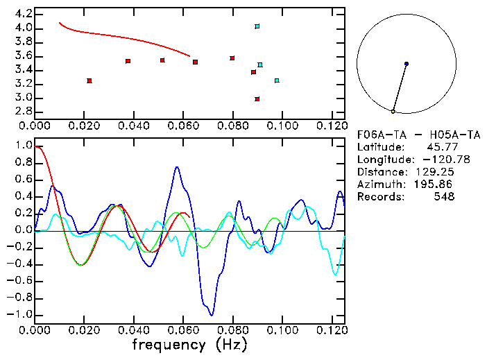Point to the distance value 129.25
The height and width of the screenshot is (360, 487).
pyautogui.click(x=434, y=172)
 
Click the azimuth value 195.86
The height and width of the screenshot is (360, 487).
pyautogui.click(x=434, y=185)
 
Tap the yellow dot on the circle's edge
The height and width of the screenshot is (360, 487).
pyautogui.click(x=393, y=111)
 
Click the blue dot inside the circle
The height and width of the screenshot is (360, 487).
pyautogui.click(x=407, y=64)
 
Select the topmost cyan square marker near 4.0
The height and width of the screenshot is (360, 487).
pyautogui.click(x=257, y=26)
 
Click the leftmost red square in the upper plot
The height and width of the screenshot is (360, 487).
pyautogui.click(x=89, y=81)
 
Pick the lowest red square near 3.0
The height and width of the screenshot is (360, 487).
pyautogui.click(x=257, y=99)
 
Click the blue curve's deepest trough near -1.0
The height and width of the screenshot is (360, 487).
pyautogui.click(x=211, y=315)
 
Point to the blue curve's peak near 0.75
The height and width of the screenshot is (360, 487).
pyautogui.click(x=178, y=166)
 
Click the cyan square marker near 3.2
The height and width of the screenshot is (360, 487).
pyautogui.click(x=277, y=80)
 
